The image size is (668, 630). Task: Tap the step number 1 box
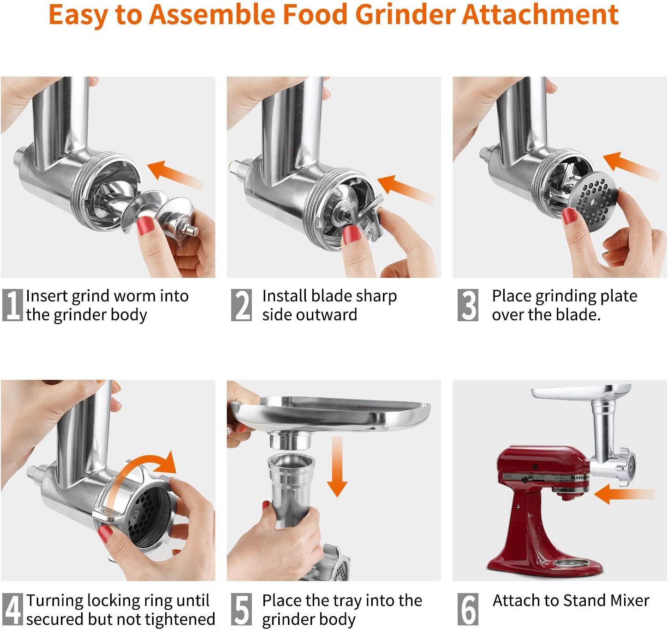[12, 305]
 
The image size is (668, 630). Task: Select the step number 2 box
[241, 305]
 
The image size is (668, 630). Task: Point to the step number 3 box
[467, 305]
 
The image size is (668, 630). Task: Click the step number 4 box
[12, 609]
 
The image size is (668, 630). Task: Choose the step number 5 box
[241, 609]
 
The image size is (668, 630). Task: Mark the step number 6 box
[467, 609]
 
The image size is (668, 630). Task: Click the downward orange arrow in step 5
[337, 467]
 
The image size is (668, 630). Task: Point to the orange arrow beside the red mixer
[624, 494]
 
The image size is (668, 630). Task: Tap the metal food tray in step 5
[330, 414]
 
